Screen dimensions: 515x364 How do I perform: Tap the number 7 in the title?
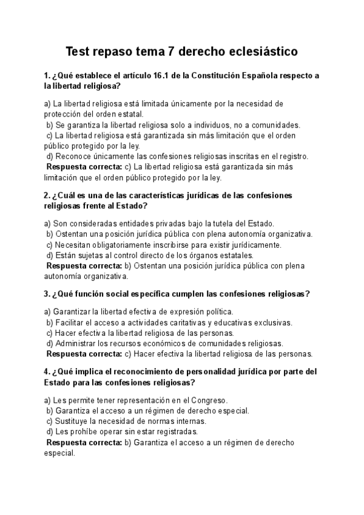point(172,52)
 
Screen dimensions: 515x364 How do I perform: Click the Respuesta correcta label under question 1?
point(84,167)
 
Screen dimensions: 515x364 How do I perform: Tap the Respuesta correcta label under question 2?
point(84,266)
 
